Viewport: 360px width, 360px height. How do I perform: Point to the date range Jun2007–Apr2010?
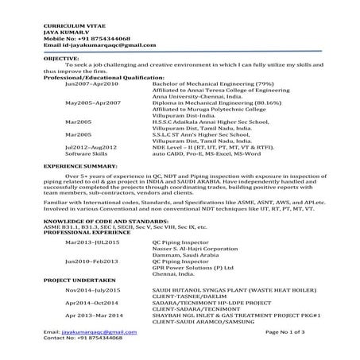click(91, 83)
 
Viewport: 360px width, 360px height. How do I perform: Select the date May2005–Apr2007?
click(92, 103)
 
